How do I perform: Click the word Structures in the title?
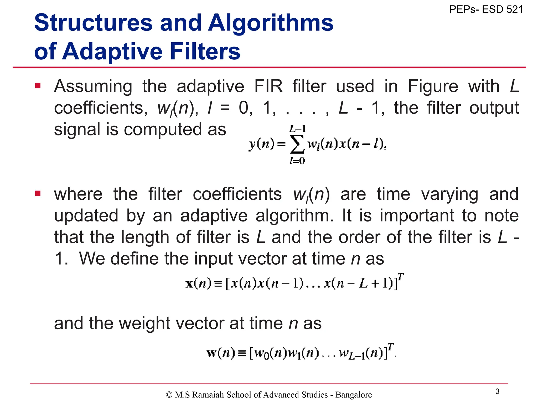click(x=93, y=23)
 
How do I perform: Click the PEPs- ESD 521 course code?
click(x=486, y=9)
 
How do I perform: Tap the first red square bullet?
click(x=38, y=86)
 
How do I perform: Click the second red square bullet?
click(x=38, y=194)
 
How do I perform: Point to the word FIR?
click(x=268, y=86)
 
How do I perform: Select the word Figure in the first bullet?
click(x=433, y=86)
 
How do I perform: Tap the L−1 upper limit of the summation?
click(x=297, y=129)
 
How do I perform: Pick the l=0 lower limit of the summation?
click(x=297, y=160)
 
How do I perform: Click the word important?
click(x=417, y=216)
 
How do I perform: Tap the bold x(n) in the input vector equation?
click(x=198, y=284)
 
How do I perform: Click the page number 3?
click(x=497, y=391)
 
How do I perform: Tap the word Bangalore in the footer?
click(x=354, y=395)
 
